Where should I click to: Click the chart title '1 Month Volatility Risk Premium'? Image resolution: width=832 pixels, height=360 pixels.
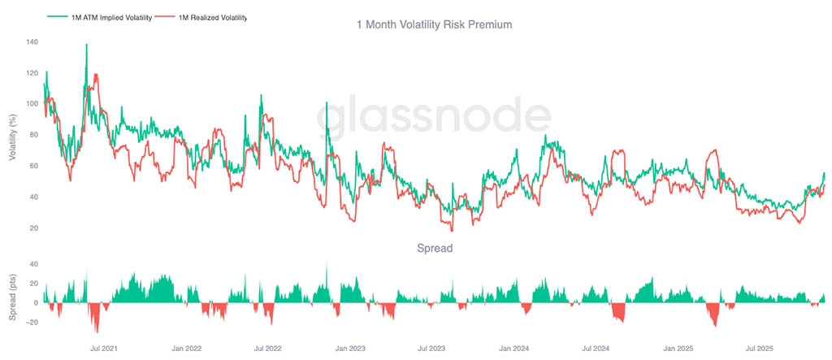point(435,25)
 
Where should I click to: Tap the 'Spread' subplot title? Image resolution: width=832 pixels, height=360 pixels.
point(435,248)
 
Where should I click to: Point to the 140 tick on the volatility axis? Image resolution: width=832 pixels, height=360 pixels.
point(32,41)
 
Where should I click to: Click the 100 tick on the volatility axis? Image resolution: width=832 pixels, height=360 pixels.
point(32,103)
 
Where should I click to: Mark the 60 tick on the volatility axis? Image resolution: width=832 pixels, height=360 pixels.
point(33,166)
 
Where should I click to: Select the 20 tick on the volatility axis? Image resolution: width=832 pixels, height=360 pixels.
point(33,228)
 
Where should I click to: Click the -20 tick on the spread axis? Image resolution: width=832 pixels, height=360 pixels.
point(31,322)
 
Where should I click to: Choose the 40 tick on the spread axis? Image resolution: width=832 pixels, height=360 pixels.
point(33,264)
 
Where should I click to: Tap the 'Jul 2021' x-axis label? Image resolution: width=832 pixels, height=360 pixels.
point(103,349)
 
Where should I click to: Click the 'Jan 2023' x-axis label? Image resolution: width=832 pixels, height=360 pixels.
point(350,349)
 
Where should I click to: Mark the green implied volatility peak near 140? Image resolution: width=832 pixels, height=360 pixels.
point(87,46)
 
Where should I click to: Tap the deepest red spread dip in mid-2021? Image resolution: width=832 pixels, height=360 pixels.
point(97,329)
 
